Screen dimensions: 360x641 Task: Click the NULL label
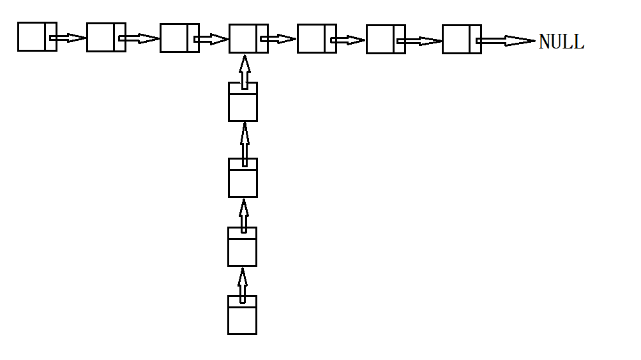click(561, 42)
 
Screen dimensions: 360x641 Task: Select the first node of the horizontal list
click(37, 36)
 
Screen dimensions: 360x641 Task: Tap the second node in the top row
click(106, 37)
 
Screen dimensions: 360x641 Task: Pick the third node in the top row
click(179, 38)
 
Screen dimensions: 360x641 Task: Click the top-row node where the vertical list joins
click(248, 38)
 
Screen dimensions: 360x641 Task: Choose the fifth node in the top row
click(317, 38)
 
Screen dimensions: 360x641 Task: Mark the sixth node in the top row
click(386, 39)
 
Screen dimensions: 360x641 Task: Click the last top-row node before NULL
click(462, 39)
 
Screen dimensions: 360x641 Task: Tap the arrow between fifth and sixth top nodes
click(348, 40)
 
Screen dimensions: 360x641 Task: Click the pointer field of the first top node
click(51, 36)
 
